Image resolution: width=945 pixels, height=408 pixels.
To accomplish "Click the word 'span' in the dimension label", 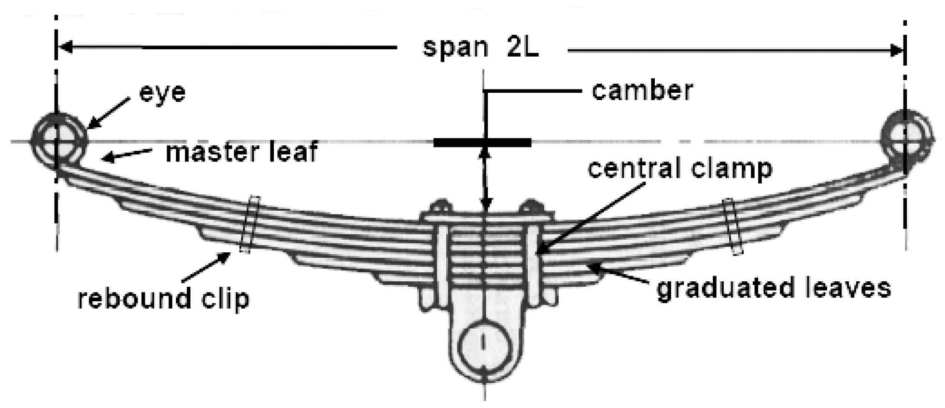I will coord(455,48).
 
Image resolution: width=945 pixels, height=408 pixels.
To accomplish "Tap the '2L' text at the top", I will coord(522,48).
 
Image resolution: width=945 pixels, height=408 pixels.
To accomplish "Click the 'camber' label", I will coord(642,90).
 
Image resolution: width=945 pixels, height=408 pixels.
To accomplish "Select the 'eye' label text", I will coord(162,92).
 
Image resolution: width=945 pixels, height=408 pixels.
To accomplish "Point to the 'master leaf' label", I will coord(241,152).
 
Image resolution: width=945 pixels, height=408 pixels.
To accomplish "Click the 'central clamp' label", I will coord(680,168).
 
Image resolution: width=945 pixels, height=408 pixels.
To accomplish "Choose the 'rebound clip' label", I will coord(164,299).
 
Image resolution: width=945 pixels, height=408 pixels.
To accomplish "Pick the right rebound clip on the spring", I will coord(733,226).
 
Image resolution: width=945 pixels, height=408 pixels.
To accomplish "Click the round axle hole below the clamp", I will coord(484,347).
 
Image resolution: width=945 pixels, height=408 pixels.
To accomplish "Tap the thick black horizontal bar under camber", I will coord(482,143).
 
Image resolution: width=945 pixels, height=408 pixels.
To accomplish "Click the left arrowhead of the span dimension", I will coord(65,47).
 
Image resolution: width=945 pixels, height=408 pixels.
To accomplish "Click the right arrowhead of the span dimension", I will coord(897,50).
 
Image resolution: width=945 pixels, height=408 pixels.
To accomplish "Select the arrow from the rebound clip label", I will coord(206,266).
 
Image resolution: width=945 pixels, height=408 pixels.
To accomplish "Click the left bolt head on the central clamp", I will coord(440,206).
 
